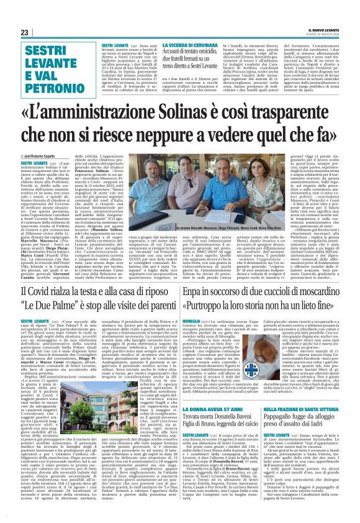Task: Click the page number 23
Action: [24, 32]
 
